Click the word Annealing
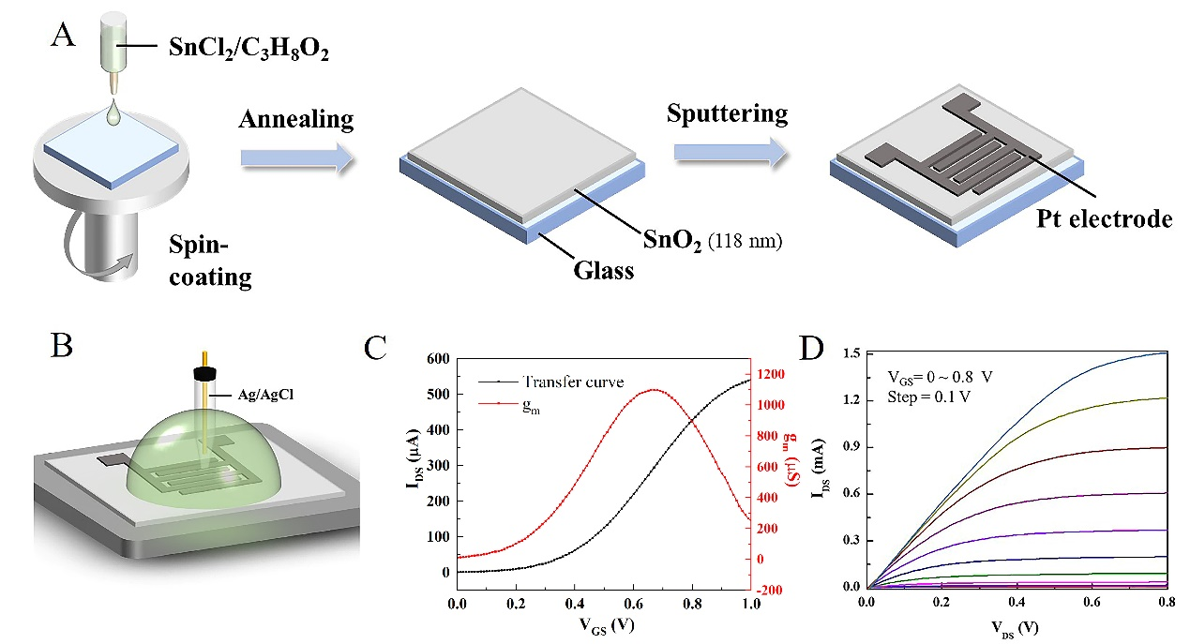[x=295, y=120]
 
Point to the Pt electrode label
[x=1104, y=220]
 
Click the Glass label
[x=603, y=271]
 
